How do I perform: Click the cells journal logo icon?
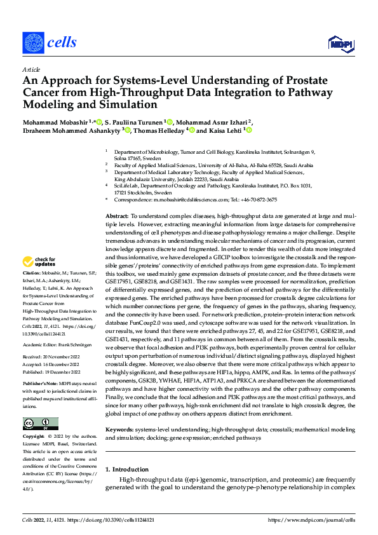(x=34, y=42)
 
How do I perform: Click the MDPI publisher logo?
(x=341, y=43)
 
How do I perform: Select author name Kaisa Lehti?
(x=225, y=130)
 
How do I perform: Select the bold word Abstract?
(x=117, y=217)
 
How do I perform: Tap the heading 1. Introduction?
(x=126, y=470)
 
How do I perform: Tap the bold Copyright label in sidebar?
(x=35, y=438)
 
